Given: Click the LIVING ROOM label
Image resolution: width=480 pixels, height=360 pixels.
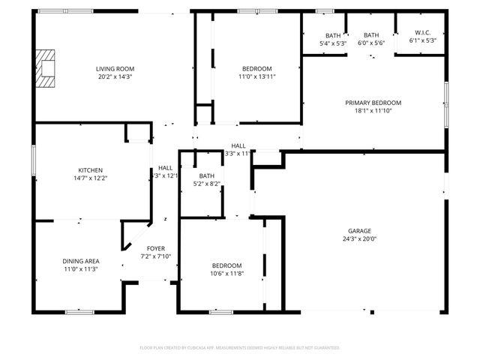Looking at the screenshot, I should tap(115, 69).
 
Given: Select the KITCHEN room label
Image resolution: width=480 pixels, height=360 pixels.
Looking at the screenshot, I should tap(90, 170).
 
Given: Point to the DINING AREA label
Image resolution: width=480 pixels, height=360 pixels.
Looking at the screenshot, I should tap(80, 261).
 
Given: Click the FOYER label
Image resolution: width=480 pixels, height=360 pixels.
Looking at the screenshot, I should tap(156, 248).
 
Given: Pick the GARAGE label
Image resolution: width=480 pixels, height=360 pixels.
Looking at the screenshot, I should tap(359, 231).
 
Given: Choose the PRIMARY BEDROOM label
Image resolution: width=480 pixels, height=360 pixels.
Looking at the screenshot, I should tap(373, 103).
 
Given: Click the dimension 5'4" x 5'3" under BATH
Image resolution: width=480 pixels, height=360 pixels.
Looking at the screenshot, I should tap(332, 43).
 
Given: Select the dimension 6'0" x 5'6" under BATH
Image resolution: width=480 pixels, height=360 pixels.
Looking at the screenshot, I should tap(371, 43).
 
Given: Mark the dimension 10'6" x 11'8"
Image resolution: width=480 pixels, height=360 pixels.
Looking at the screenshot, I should tap(226, 274).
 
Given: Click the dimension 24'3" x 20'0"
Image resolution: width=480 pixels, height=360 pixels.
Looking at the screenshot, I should tap(359, 239).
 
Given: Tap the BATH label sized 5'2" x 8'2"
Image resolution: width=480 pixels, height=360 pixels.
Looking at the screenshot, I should tap(206, 175).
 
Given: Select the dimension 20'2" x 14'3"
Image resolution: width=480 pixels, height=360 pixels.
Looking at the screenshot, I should tap(115, 77).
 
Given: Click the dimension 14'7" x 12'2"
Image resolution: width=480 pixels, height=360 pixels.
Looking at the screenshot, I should tap(90, 178).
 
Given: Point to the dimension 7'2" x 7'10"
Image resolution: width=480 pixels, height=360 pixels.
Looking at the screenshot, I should tap(156, 256).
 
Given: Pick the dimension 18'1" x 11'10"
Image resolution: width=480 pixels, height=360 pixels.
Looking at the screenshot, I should tap(373, 111).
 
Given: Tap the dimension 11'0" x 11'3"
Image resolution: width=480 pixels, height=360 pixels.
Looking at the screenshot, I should tap(80, 269).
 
